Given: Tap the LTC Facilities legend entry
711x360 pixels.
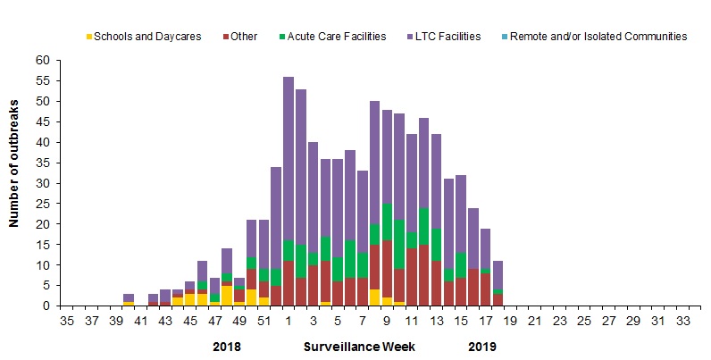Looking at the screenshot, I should pyautogui.click(x=445, y=37).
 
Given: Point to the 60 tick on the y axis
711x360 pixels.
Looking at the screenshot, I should pyautogui.click(x=43, y=61).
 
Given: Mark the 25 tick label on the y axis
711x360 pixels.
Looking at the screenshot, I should pyautogui.click(x=43, y=204).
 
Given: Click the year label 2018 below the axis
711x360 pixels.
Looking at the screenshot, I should pyautogui.click(x=227, y=346).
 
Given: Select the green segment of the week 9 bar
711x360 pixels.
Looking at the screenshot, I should pyautogui.click(x=387, y=222).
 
